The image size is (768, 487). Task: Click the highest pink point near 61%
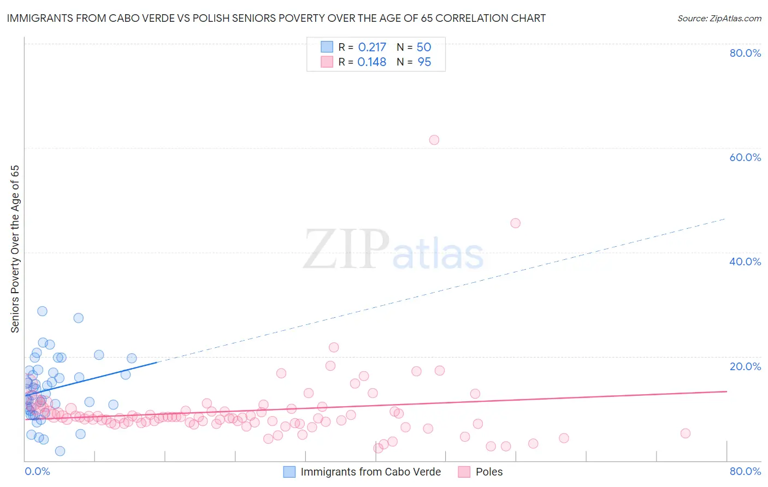[x=434, y=140]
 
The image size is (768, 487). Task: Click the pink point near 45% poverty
[x=515, y=223]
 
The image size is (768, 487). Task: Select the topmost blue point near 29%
[x=42, y=311]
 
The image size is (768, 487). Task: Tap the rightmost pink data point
[x=686, y=433]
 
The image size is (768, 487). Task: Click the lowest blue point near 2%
[x=60, y=451]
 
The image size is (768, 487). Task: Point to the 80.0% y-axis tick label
[x=745, y=53]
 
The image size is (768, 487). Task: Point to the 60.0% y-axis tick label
[x=745, y=157]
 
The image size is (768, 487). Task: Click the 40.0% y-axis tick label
[x=745, y=262]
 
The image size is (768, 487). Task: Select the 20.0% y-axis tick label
[x=745, y=366]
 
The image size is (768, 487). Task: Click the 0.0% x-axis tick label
[x=37, y=471]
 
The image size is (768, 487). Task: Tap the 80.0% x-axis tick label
[x=745, y=471]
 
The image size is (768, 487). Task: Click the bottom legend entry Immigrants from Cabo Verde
[x=370, y=472]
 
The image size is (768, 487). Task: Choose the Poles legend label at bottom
[x=489, y=472]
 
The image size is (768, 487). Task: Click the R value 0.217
[x=372, y=47]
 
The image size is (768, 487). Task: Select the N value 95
[x=424, y=62]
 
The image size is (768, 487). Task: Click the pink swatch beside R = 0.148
[x=327, y=62]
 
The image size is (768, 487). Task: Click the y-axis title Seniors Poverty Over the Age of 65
[x=15, y=249]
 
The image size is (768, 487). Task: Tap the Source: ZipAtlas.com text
[x=719, y=19]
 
